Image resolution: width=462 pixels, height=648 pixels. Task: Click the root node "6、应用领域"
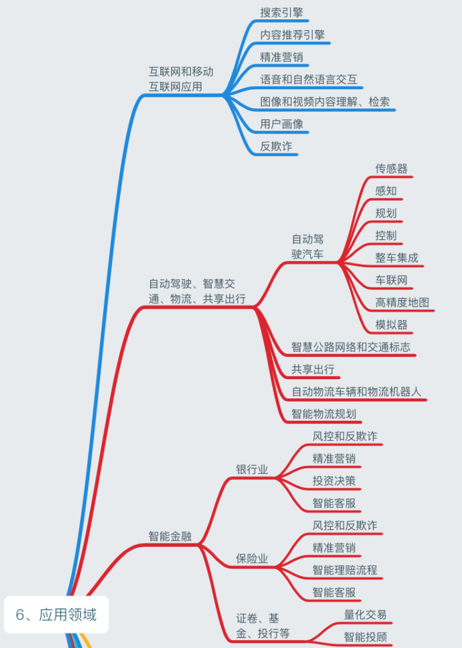[x=56, y=615]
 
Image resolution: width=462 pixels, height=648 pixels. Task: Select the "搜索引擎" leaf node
[x=282, y=13]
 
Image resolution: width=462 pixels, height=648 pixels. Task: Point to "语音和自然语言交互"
[x=309, y=80]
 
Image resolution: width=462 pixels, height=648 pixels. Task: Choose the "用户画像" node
[x=282, y=124]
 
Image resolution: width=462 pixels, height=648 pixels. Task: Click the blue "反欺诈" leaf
[x=276, y=146]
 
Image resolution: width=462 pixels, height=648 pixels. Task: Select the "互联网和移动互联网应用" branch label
[x=181, y=79]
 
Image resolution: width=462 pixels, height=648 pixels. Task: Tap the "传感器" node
[x=391, y=169]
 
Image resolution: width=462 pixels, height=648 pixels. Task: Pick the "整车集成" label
[x=397, y=258]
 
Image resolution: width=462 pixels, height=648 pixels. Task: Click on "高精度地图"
[x=402, y=302]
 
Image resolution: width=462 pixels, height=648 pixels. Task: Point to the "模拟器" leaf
[x=391, y=325]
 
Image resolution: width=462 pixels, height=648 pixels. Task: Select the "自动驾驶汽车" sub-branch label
[x=308, y=247]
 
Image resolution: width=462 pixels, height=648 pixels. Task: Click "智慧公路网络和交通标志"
[x=351, y=347]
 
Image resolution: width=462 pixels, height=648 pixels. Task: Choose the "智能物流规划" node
[x=324, y=414]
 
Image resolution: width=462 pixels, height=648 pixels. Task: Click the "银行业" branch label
[x=252, y=470]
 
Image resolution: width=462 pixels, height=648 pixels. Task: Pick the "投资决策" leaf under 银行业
[x=334, y=481]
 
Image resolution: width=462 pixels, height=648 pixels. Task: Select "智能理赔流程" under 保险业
[x=345, y=570]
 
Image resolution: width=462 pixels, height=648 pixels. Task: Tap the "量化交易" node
[x=365, y=615]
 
